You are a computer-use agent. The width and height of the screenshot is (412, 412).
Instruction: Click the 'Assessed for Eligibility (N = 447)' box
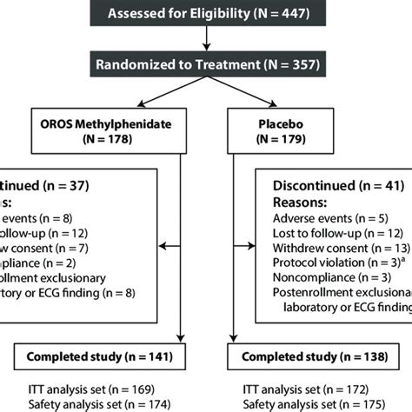click(x=206, y=13)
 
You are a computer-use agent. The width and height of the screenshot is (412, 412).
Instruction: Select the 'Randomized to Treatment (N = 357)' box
click(x=206, y=65)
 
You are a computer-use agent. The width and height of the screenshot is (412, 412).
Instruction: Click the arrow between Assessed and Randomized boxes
click(x=206, y=39)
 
